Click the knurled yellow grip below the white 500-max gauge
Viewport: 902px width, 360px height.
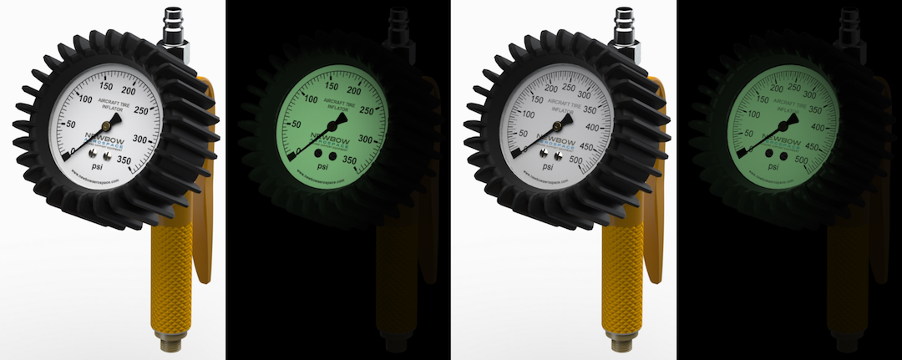616,276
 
